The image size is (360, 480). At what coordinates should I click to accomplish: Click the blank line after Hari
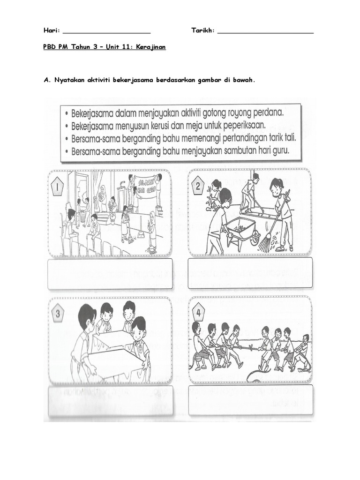[x=106, y=32]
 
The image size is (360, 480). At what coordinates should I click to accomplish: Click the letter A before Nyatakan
[x=46, y=80]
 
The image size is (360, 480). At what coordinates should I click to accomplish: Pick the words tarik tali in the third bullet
[x=279, y=139]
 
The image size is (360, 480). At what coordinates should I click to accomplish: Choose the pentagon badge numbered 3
[x=59, y=314]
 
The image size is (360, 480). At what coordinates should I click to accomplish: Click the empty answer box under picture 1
[x=110, y=274]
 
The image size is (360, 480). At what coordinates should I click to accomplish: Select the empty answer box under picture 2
[x=250, y=273]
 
